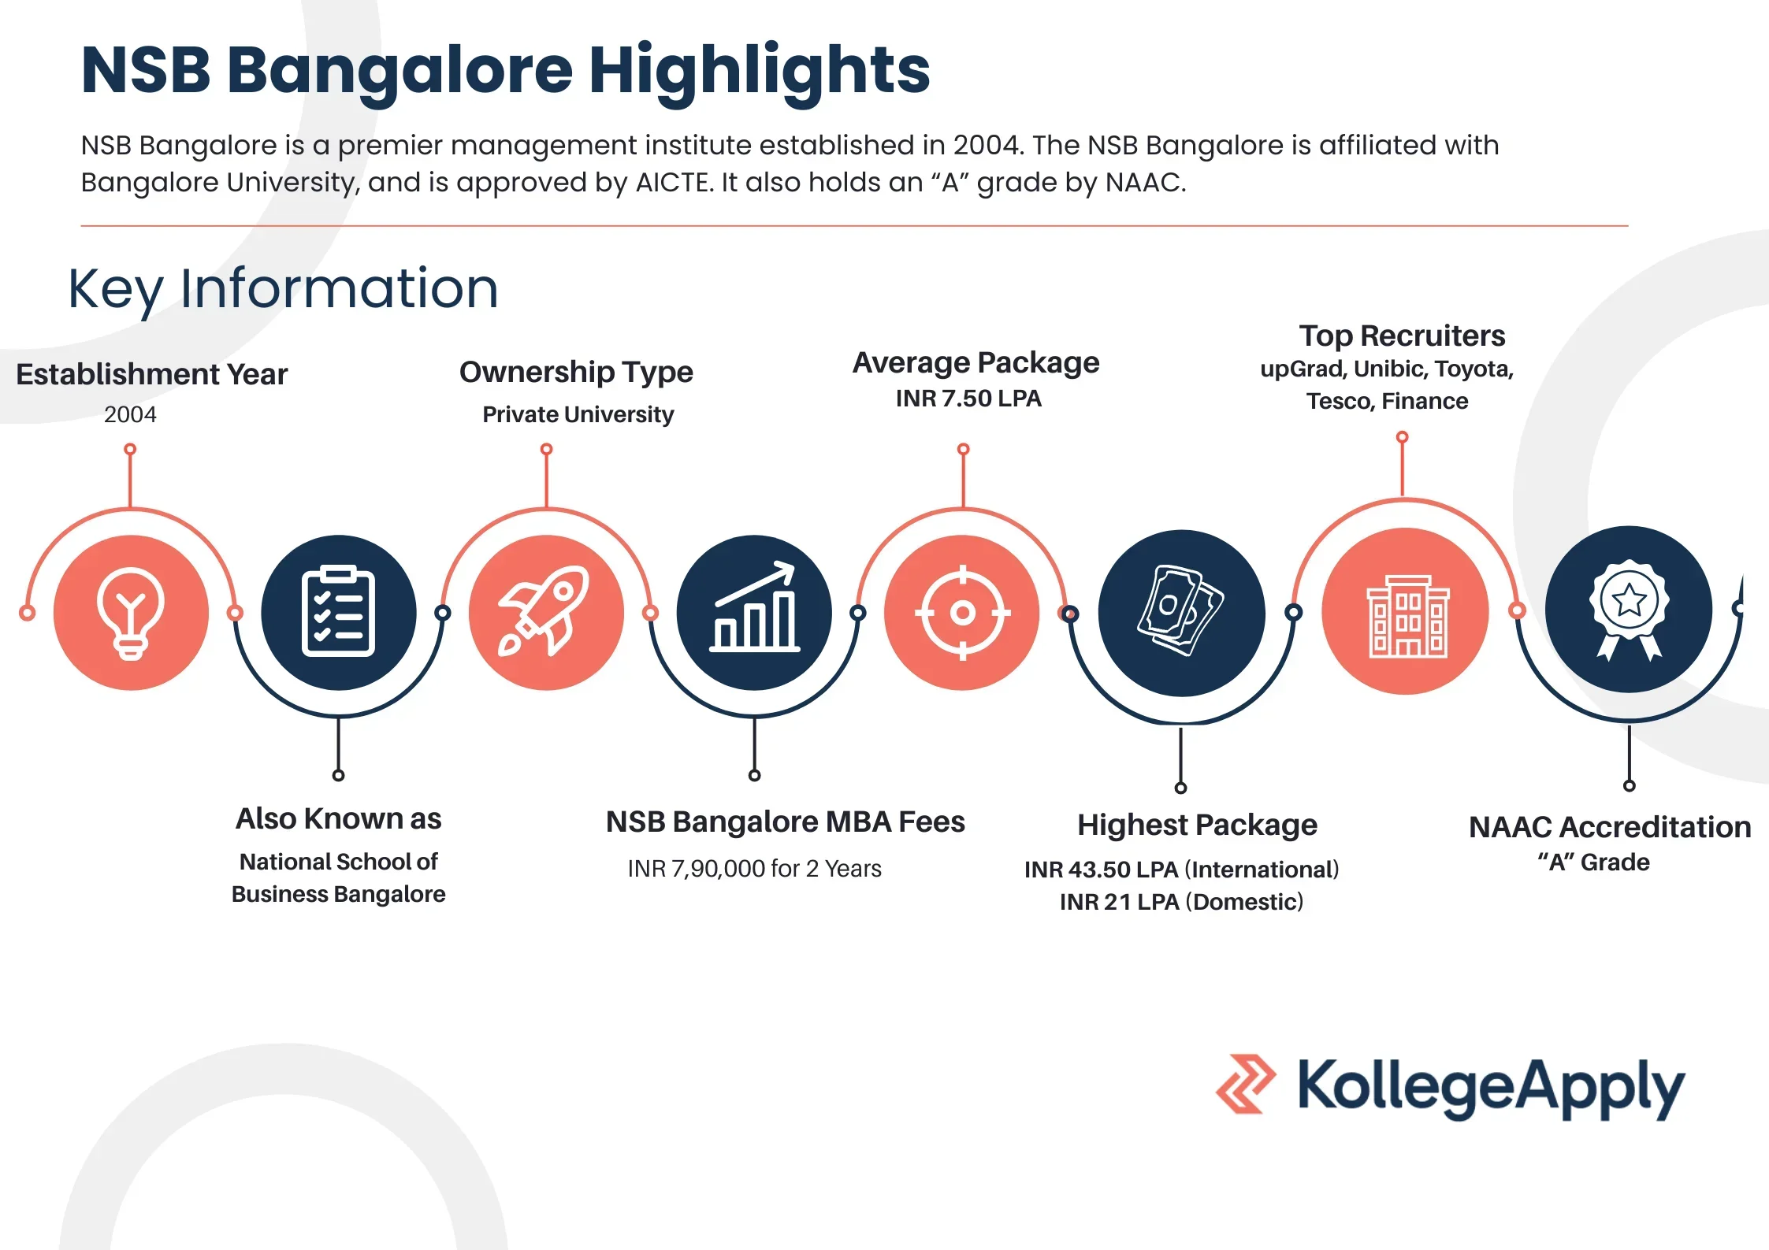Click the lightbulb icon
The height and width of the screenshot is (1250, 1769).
click(131, 613)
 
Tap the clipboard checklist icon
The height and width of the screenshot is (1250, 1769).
click(338, 611)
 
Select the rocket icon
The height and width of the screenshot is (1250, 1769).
click(544, 611)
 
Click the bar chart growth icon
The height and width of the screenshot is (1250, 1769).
click(754, 606)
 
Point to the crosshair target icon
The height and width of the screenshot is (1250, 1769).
click(962, 612)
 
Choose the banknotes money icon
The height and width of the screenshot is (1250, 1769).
click(1180, 610)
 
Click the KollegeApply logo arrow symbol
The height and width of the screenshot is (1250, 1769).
click(1246, 1084)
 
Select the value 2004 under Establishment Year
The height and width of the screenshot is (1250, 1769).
click(130, 414)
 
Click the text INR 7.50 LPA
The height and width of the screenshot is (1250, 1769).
click(968, 399)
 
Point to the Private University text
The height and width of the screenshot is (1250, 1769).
click(578, 415)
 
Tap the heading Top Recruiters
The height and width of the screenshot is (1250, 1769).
click(1402, 336)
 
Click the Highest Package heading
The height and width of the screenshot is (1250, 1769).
click(1197, 825)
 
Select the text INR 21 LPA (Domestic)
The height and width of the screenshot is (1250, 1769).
click(1181, 902)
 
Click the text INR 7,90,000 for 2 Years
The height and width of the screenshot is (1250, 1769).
click(754, 869)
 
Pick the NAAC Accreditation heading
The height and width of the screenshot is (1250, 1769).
click(1610, 827)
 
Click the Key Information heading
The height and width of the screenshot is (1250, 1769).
click(284, 290)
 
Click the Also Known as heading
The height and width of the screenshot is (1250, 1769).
click(339, 819)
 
